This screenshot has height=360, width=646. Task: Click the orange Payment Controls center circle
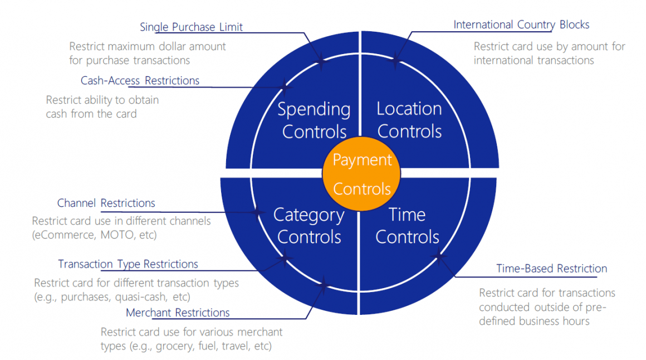coord(361,174)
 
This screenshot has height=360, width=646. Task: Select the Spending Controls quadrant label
coord(314,120)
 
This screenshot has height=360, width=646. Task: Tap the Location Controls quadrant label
coord(409,120)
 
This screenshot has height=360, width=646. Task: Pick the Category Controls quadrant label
coord(309,226)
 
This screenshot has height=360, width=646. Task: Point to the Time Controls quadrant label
coord(407,226)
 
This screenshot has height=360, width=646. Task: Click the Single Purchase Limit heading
coord(191,27)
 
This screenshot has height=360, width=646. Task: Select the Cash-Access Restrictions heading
coord(140,81)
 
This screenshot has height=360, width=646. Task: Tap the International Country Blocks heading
coord(521,25)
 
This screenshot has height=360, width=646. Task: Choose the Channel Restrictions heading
coord(106,203)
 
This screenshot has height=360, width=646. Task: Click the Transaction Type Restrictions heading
coord(128,264)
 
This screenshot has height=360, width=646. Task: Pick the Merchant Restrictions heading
coord(178,313)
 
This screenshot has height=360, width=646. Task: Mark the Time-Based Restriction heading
coord(551,269)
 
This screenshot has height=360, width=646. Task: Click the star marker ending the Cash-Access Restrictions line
coord(285,87)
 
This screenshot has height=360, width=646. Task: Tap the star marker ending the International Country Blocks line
coord(396,59)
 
